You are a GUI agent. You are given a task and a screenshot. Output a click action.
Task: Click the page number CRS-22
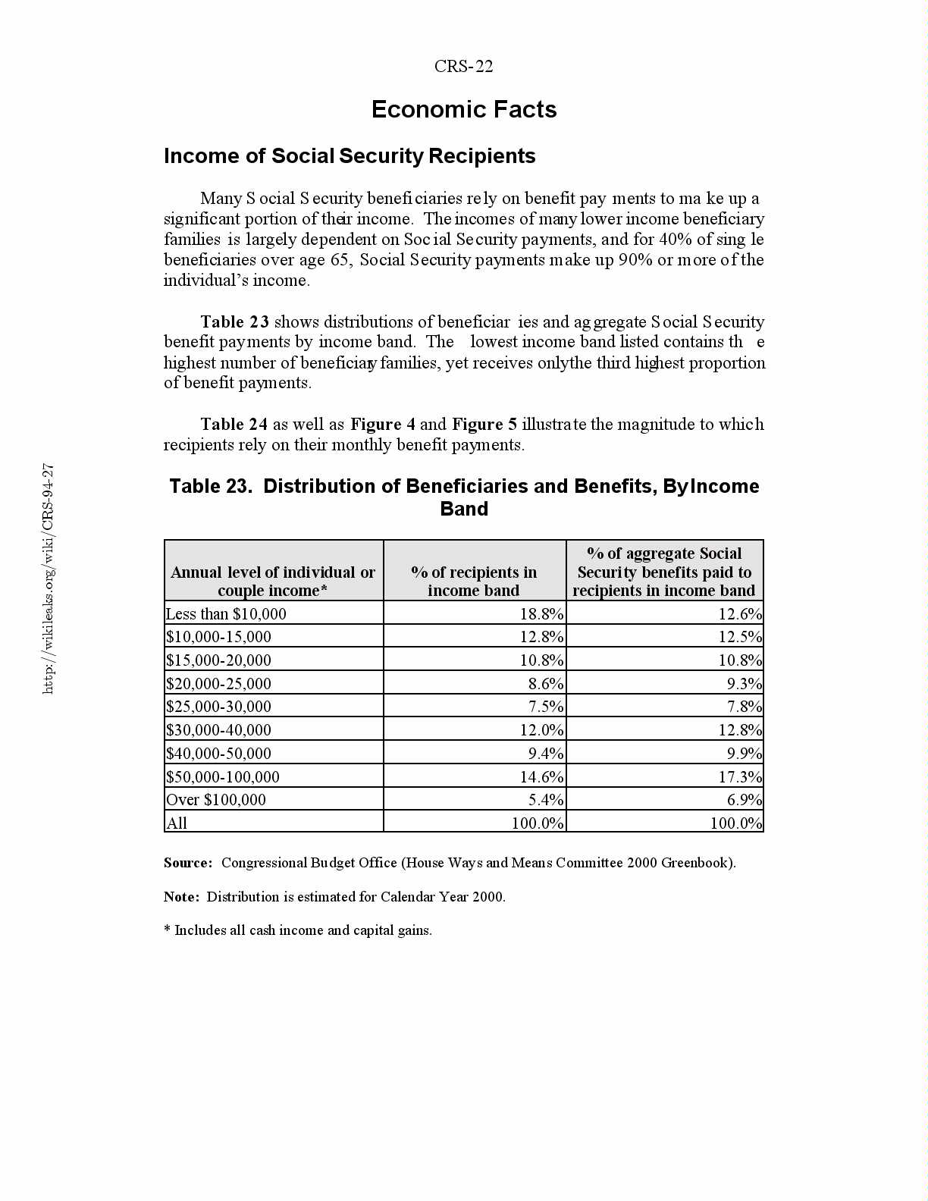tap(463, 67)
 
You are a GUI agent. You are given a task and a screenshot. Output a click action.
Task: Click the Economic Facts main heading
tap(464, 110)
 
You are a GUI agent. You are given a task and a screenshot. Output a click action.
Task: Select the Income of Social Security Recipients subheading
tap(350, 156)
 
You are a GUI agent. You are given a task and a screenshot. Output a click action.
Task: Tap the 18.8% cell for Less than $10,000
tap(541, 613)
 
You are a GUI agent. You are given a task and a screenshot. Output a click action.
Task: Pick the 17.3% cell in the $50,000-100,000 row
tap(740, 776)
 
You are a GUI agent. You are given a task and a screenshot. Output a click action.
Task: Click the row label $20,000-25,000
tap(218, 683)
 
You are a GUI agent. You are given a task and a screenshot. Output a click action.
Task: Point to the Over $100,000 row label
tap(216, 799)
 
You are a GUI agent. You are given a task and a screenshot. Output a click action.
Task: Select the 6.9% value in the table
tap(745, 799)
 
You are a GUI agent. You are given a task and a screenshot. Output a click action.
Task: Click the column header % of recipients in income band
tap(474, 581)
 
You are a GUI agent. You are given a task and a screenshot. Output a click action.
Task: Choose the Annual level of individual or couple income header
tap(273, 581)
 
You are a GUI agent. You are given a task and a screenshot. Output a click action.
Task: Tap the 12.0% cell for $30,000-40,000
tap(541, 729)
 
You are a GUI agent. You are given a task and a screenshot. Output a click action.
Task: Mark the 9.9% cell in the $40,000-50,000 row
tap(745, 753)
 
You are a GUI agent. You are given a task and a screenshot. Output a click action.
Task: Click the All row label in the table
tap(177, 823)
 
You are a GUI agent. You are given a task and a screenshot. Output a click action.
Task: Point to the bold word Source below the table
tap(187, 863)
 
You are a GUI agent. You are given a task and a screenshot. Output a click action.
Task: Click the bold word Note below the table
tap(181, 897)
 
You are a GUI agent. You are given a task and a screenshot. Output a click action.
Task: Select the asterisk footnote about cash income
tap(298, 930)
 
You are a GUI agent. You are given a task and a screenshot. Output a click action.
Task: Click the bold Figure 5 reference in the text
tap(484, 425)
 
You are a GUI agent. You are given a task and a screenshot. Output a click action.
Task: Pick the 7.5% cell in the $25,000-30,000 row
tap(546, 706)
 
